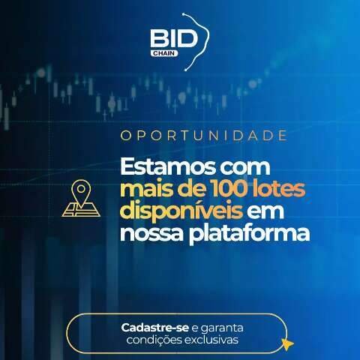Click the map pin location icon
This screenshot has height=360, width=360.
(x=82, y=199)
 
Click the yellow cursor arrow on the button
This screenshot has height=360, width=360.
(x=287, y=344)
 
